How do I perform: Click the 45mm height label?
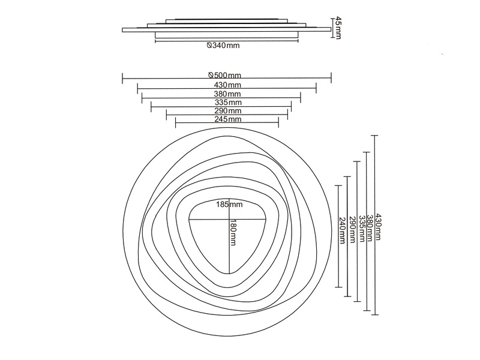(337, 28)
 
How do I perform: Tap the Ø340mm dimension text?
(223, 46)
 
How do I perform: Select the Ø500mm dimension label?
(224, 76)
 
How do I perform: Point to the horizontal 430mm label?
(227, 85)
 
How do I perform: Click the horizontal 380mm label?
(227, 94)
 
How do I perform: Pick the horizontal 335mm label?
(228, 102)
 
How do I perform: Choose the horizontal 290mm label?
(228, 110)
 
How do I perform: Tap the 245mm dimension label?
(228, 119)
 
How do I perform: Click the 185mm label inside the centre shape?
(229, 204)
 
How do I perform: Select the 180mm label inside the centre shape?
(233, 232)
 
